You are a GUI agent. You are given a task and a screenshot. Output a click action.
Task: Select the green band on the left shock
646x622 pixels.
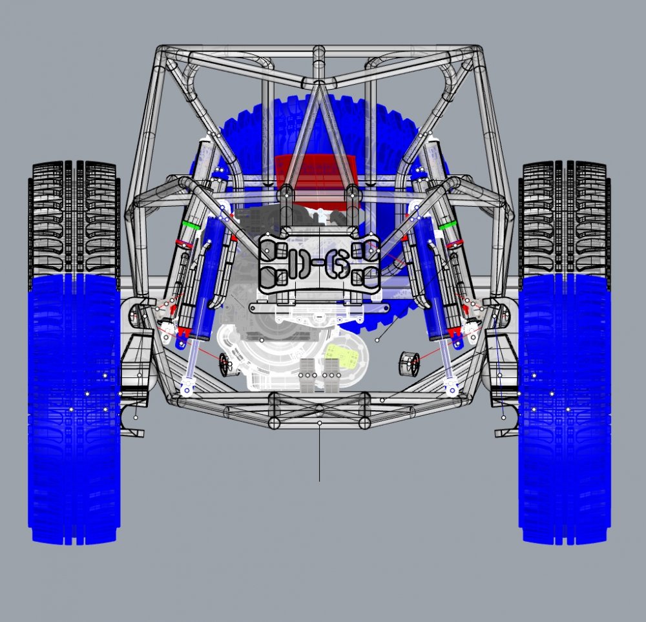coord(189,225)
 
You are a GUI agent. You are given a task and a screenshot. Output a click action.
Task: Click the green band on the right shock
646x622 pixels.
coord(450,225)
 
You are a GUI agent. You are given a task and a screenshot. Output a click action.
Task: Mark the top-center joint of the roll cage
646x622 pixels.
coord(318,83)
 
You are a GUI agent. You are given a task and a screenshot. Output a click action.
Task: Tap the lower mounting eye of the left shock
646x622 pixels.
coord(187,389)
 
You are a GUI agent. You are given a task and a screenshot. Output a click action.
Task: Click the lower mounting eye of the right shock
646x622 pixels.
coord(451,389)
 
